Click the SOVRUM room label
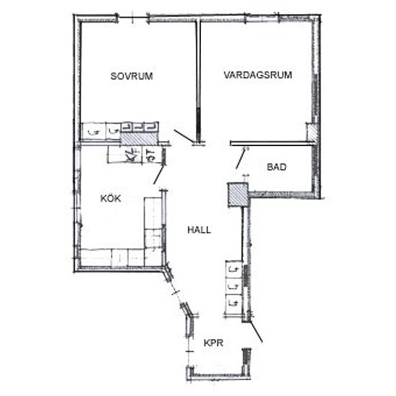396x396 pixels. coord(132,76)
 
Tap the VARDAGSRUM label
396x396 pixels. coord(258,75)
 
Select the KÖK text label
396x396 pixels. coord(111,198)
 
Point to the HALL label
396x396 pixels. coord(199,230)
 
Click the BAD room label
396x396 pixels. coord(276,167)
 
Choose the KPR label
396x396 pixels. coord(213,343)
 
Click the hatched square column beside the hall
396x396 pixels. coord(238,194)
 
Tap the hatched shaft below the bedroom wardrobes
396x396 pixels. coord(139,138)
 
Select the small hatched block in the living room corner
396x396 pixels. coord(311,132)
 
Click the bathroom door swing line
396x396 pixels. coord(240,158)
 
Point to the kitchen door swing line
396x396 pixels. coord(158,174)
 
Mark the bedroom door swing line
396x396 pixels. coord(184,137)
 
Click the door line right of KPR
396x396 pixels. coord(256,331)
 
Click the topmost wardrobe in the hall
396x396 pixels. coord(234,269)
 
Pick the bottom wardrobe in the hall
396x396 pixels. coord(234,302)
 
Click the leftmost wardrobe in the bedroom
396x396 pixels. coord(93,131)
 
